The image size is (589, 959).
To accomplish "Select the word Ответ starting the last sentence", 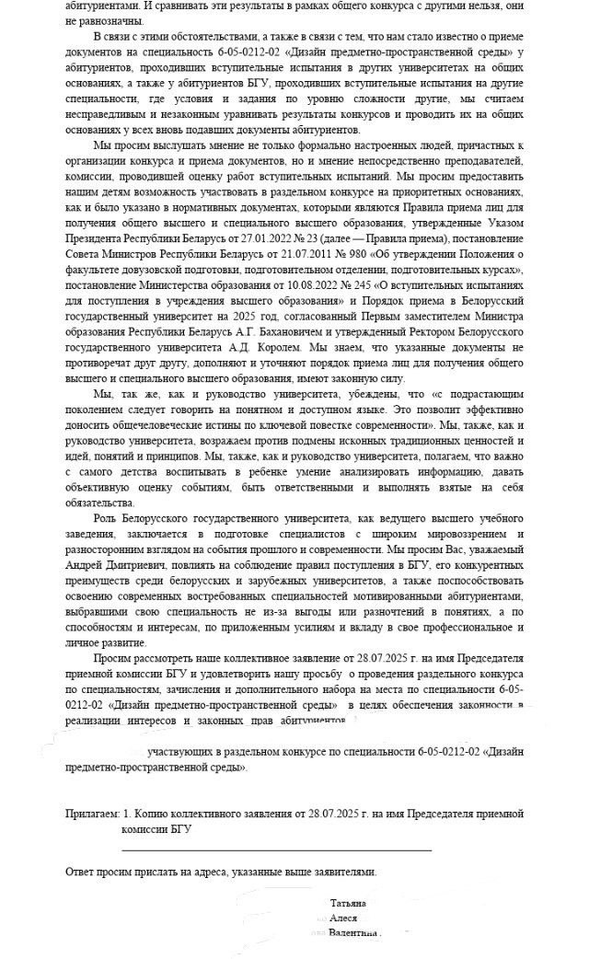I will (x=83, y=871).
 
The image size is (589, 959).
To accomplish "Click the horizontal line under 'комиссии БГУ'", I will (x=276, y=848).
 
